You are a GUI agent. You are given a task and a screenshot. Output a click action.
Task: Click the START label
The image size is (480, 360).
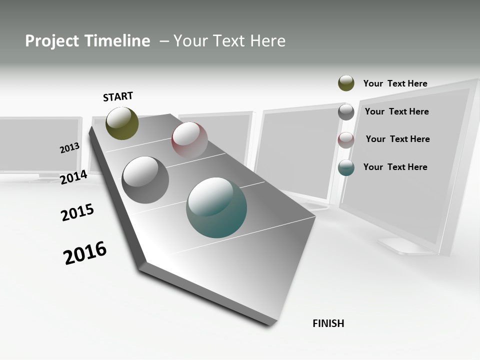coord(118,96)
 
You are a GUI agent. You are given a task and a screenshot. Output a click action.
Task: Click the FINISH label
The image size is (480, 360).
coord(328,323)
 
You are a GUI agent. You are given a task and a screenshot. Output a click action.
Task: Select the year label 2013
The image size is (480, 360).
coord(69,148)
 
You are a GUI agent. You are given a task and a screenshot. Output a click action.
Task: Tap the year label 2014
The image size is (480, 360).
coord(74,177)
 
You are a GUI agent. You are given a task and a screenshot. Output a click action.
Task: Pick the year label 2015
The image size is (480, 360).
coord(77,212)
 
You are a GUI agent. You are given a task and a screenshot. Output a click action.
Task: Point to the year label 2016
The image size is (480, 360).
coord(85,252)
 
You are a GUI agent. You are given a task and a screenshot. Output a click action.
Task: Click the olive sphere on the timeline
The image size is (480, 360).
coord(122,123)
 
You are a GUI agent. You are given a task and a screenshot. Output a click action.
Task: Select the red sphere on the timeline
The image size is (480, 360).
coord(189,140)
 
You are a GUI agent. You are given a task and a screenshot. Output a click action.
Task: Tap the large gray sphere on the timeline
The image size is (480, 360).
coord(145,180)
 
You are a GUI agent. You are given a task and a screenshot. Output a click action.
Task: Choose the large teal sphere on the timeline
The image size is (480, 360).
coord(216,207)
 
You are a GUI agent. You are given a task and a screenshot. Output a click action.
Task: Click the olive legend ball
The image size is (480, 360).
coord(346,83)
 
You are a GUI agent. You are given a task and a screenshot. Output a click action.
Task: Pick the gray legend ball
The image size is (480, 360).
coord(346,112)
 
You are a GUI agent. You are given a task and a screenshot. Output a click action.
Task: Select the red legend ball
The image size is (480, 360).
coord(346,140)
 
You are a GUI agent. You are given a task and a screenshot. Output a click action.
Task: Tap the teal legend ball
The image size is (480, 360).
coord(346,168)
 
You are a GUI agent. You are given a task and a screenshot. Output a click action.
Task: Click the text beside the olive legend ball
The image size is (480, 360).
coord(395,83)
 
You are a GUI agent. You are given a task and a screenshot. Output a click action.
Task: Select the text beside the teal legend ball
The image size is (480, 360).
coord(395,167)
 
